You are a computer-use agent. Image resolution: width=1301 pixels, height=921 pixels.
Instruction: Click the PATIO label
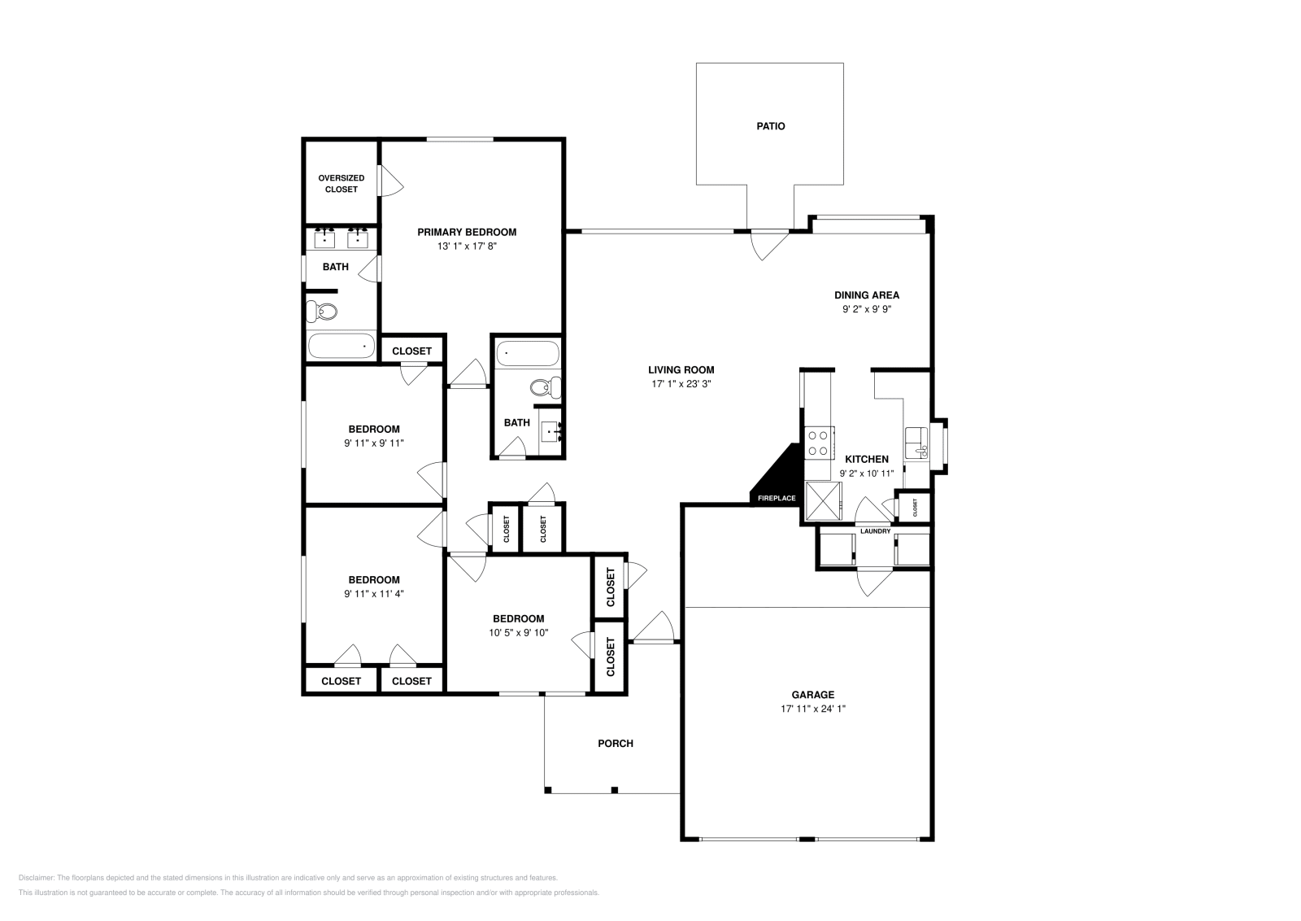pyautogui.click(x=770, y=126)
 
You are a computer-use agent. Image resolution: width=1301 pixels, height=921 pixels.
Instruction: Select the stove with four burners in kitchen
pyautogui.click(x=818, y=443)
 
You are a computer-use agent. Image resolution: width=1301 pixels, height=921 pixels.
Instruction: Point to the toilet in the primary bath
pyautogui.click(x=323, y=311)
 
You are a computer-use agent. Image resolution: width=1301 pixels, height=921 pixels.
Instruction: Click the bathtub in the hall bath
pyautogui.click(x=527, y=354)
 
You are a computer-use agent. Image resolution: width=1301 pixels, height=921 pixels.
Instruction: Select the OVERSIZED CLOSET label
pyautogui.click(x=341, y=183)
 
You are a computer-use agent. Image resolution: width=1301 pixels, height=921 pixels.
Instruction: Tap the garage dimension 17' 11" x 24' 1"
pyautogui.click(x=813, y=709)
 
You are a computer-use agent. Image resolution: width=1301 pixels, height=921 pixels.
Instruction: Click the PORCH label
pyautogui.click(x=615, y=743)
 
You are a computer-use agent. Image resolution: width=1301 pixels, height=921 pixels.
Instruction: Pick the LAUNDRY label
pyautogui.click(x=875, y=531)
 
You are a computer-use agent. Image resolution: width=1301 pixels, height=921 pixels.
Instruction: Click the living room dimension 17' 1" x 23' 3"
pyautogui.click(x=681, y=384)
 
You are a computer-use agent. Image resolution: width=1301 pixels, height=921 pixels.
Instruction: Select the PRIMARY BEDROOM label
pyautogui.click(x=467, y=232)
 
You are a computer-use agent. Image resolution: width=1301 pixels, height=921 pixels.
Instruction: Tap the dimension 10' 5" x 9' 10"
pyautogui.click(x=519, y=632)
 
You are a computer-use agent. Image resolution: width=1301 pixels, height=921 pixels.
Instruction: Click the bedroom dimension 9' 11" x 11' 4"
pyautogui.click(x=373, y=593)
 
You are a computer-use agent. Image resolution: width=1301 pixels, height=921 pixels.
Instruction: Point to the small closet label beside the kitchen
pyautogui.click(x=915, y=508)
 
